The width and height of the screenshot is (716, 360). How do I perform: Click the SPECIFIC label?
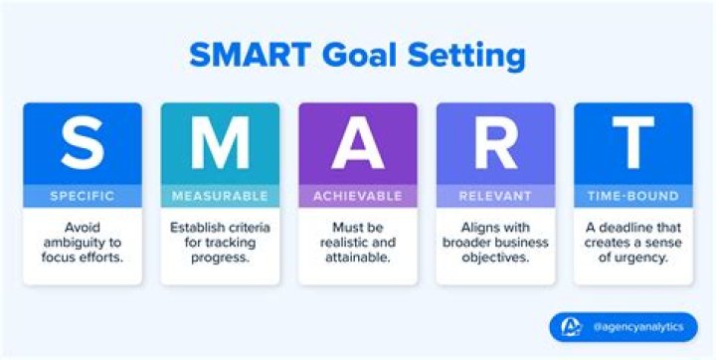pos(83,196)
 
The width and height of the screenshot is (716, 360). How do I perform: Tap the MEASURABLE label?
pos(220,196)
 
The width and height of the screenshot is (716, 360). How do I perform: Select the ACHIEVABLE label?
pos(357,196)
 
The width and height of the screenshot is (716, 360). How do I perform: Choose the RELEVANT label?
pos(495,196)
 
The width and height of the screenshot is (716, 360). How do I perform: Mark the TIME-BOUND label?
pos(632,196)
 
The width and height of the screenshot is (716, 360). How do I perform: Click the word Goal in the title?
pos(368,54)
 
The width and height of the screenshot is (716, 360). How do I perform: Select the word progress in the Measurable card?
pos(220,260)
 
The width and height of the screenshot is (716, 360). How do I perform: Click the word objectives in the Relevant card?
pos(495,260)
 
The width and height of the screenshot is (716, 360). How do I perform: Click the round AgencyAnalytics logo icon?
pos(571,327)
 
